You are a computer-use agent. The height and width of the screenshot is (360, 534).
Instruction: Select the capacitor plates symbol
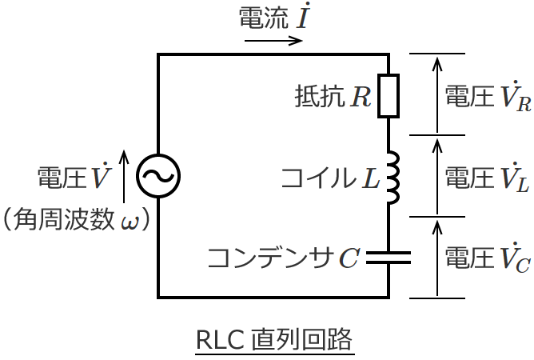point(388,257)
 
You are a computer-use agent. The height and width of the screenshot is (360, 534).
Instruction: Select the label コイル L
point(330,177)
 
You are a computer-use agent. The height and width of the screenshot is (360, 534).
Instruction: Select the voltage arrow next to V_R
point(436,94)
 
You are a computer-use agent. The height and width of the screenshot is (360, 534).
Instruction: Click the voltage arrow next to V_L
point(436,175)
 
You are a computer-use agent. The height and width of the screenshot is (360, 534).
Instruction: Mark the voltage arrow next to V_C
point(436,257)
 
